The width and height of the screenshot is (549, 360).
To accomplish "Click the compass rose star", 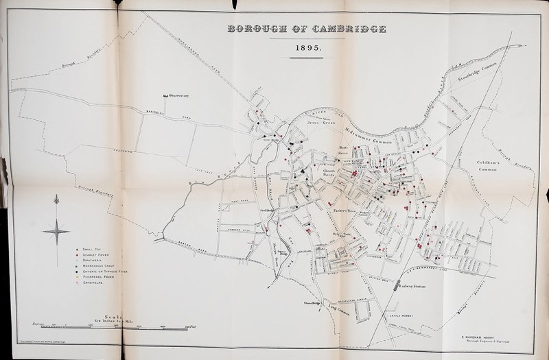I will click(57, 232).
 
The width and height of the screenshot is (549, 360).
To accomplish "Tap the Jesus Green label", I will click(320, 123).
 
